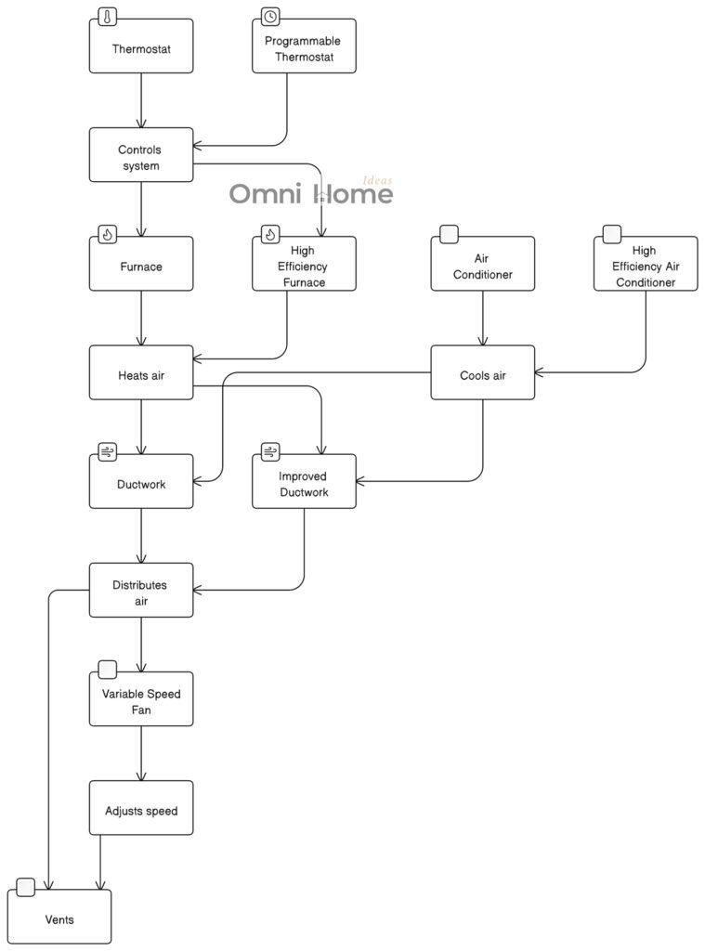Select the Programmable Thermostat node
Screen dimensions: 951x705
click(x=304, y=48)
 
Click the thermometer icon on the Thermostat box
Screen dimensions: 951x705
click(x=108, y=17)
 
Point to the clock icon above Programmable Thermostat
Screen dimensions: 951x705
click(x=270, y=17)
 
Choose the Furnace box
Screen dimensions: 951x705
click(x=141, y=266)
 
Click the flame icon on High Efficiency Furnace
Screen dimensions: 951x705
click(x=270, y=234)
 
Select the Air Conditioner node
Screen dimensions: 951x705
click(x=482, y=266)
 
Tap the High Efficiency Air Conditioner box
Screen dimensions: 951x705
click(x=645, y=266)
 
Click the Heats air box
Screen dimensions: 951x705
click(x=141, y=374)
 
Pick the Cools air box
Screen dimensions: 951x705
click(x=482, y=374)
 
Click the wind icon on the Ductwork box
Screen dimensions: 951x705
click(x=108, y=452)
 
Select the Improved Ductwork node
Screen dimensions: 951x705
click(x=304, y=483)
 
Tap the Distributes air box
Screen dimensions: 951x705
click(x=141, y=592)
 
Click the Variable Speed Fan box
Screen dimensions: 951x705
click(x=141, y=701)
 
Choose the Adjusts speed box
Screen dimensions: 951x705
click(x=141, y=810)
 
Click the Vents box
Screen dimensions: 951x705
click(x=59, y=918)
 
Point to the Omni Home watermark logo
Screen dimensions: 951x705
click(x=310, y=193)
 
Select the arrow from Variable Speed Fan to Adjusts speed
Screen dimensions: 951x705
click(x=141, y=753)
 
